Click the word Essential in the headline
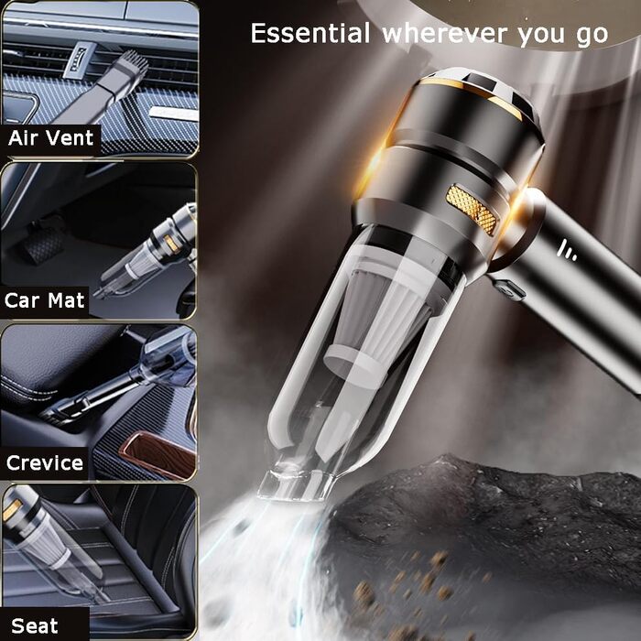310,33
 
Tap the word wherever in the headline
445,34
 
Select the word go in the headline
592,36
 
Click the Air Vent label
50,137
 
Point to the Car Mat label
45,300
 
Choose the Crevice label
45,462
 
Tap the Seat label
35,625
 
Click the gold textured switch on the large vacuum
472,210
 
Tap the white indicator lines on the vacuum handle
568,250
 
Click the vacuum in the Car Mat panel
147,250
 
